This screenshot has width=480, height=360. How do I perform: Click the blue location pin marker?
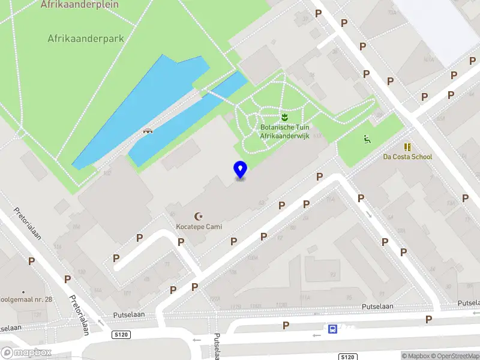click(x=240, y=170)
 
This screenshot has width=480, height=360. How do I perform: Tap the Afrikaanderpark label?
click(x=86, y=38)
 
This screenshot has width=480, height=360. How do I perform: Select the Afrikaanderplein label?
click(x=80, y=5)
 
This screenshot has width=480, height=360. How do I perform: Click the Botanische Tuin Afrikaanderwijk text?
click(x=284, y=131)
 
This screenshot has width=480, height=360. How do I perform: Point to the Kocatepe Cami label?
click(x=198, y=227)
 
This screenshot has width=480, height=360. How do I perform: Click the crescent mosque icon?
click(x=198, y=216)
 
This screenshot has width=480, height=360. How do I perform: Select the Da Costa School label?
click(x=407, y=157)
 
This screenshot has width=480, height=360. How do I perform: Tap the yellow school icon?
click(x=408, y=146)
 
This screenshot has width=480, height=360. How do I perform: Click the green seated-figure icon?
click(x=366, y=140)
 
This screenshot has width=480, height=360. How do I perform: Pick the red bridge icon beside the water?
click(x=147, y=130)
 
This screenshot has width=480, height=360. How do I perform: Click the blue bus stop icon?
click(x=332, y=329)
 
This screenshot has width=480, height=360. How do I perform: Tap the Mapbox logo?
click(x=26, y=353)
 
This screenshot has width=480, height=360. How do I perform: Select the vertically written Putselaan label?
click(x=217, y=347)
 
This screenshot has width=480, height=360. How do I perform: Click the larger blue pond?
click(x=138, y=108)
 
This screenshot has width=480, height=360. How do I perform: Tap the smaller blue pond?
click(x=186, y=123)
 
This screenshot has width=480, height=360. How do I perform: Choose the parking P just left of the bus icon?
click(x=286, y=326)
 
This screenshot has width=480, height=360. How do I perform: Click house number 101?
click(x=127, y=293)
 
